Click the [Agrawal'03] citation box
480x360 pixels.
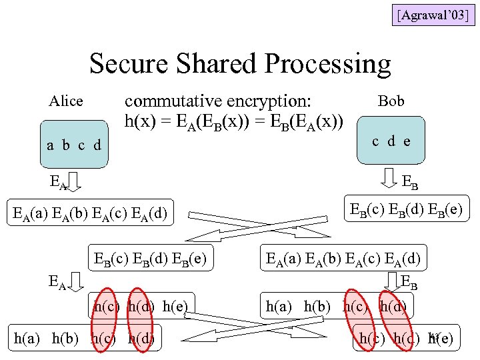433,13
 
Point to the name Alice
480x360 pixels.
66,101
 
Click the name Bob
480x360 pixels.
391,101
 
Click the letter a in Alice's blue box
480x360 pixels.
51,145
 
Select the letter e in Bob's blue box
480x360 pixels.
406,141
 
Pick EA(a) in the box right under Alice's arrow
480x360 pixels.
29,214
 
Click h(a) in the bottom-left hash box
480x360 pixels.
29,339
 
